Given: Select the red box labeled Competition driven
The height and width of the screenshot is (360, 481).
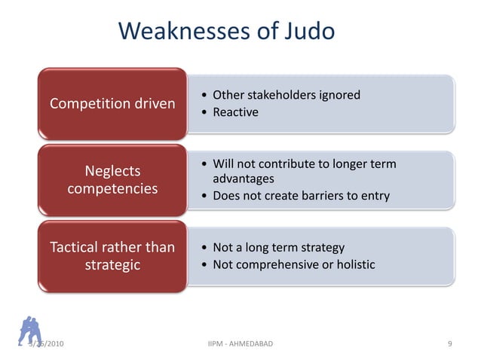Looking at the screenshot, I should [112, 103].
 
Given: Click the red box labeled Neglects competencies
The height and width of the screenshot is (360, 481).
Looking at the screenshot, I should [112, 179].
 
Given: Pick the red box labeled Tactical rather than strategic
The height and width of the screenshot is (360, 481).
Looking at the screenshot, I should [112, 256].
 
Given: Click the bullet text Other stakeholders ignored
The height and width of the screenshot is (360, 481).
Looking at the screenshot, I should [286, 95].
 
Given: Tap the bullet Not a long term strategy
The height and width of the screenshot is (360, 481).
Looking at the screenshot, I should [279, 247].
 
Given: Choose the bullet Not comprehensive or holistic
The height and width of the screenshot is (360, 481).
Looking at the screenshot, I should [294, 264].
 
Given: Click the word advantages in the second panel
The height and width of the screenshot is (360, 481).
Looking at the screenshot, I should [244, 179].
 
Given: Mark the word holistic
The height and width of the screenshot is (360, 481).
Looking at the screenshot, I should [354, 264].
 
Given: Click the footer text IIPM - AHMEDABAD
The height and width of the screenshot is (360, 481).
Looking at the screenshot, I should [240, 344].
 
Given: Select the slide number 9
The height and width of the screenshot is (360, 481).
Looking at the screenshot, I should [449, 344].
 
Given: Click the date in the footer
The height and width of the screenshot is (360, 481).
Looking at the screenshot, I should [47, 344].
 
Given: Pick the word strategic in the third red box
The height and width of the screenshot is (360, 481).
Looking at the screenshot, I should [112, 265].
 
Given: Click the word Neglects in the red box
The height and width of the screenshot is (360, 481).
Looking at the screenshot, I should [112, 171].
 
